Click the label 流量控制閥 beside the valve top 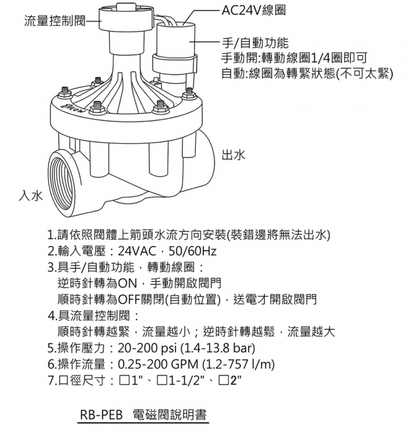55,21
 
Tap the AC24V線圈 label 254,11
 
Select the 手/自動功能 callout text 255,43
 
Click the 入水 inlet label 31,195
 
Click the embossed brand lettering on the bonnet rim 72,109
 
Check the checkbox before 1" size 124,380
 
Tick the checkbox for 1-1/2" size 161,380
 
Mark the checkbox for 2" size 222,380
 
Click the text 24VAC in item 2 136,251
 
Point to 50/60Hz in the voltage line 193,251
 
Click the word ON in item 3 127,283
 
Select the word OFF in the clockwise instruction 129,299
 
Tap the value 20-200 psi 147,348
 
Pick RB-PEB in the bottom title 101,415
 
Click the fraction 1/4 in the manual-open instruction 319,58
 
